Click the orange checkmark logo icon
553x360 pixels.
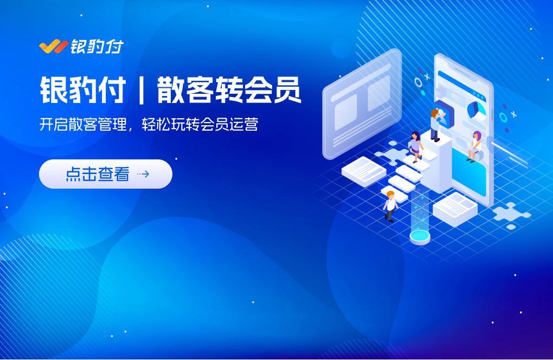point(54,47)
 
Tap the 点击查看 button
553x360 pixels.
point(106,174)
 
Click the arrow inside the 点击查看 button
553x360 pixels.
point(143,174)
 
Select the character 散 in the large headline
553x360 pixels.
point(170,90)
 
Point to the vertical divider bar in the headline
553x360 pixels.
point(141,90)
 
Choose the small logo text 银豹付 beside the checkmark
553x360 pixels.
point(97,47)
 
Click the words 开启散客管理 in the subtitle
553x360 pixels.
point(83,125)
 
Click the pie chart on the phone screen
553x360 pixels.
point(476,111)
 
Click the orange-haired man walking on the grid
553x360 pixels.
point(390,206)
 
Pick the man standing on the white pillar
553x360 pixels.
point(435,125)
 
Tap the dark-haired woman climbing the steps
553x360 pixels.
point(415,147)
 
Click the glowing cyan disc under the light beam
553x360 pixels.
point(420,236)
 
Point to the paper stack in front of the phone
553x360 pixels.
point(455,209)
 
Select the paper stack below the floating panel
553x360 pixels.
point(364,171)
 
